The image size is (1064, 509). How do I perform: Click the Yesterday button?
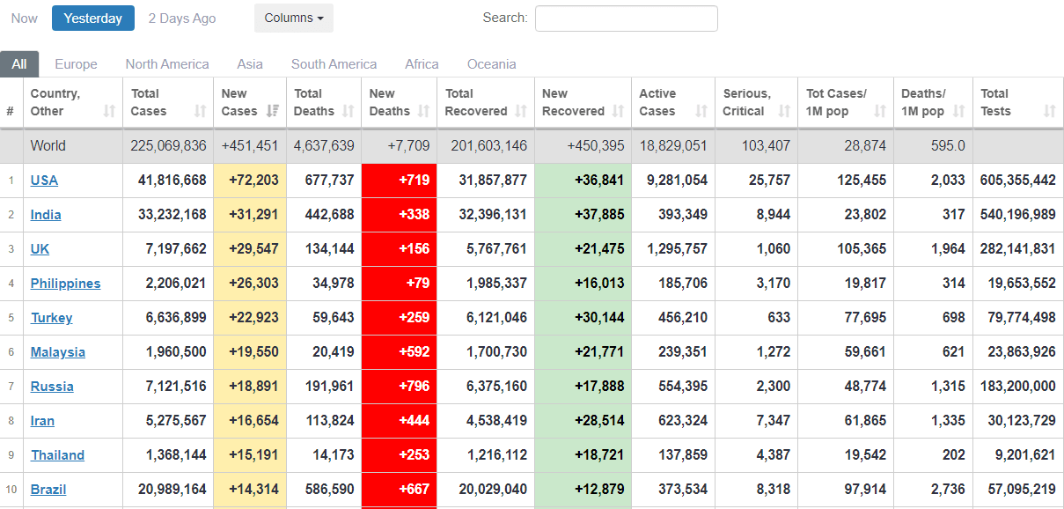click(x=93, y=18)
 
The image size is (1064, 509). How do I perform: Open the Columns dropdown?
click(x=294, y=18)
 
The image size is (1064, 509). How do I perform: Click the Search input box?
click(x=626, y=18)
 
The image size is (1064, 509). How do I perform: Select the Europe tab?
click(x=76, y=64)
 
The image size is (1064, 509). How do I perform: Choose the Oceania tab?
click(x=492, y=64)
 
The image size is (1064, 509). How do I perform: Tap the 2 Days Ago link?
click(x=182, y=18)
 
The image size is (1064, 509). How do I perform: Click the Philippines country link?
click(x=65, y=284)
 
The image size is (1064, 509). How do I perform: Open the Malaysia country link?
click(x=58, y=352)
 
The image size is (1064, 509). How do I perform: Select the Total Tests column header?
click(x=995, y=102)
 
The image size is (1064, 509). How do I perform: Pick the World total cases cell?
click(x=168, y=146)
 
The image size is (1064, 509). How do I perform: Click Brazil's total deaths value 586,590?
click(x=324, y=490)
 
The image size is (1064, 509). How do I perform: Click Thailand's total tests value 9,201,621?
click(x=1017, y=455)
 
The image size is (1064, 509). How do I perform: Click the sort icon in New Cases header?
click(x=273, y=111)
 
